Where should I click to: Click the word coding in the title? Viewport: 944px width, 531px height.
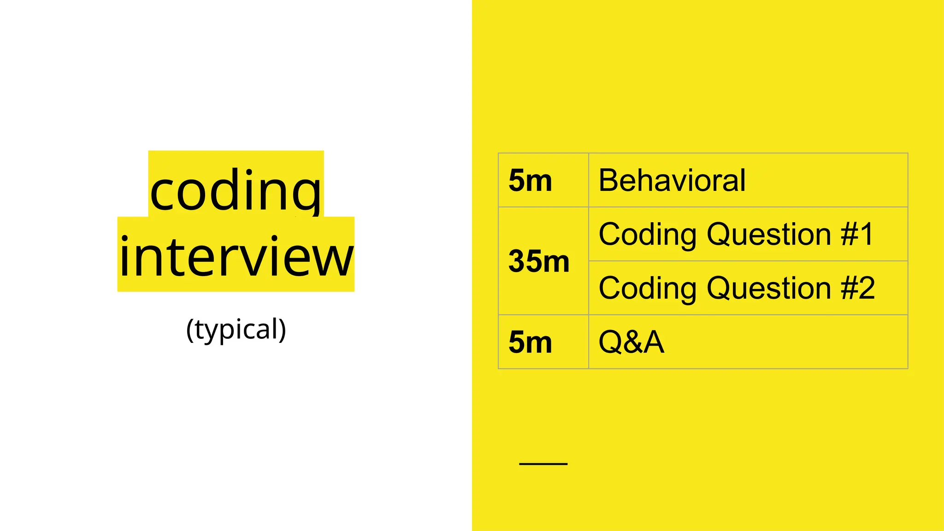236,190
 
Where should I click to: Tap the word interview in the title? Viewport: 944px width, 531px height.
236,256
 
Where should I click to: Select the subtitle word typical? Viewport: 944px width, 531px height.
236,330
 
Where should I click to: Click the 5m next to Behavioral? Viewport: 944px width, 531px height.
530,180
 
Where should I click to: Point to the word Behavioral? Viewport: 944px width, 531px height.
672,180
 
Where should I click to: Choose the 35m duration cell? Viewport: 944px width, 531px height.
539,261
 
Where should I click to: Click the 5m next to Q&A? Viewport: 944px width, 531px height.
530,342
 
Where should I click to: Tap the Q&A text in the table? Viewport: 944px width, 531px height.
631,342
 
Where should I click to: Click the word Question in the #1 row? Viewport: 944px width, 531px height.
769,234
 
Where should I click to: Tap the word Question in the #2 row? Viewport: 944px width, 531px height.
769,288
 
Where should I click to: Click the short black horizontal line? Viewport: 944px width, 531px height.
543,464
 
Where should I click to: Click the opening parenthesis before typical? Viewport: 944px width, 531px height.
189,330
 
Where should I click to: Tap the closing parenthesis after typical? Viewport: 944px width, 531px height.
283,330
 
